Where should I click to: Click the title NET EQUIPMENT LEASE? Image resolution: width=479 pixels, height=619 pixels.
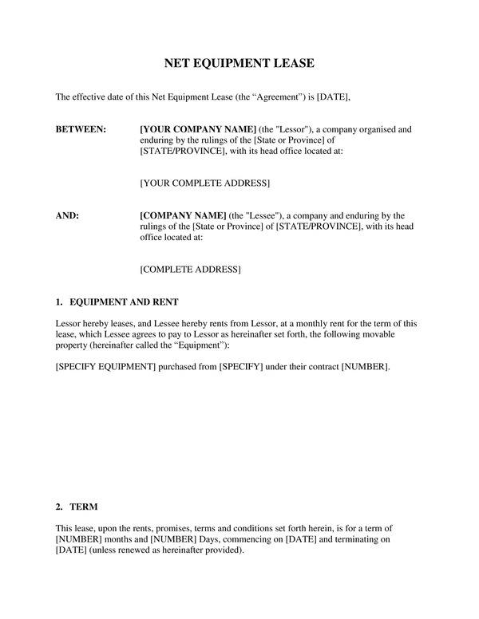point(239,62)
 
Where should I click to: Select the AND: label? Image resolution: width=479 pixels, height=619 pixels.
point(67,215)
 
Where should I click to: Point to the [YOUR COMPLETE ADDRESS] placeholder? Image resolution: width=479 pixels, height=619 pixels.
point(204,184)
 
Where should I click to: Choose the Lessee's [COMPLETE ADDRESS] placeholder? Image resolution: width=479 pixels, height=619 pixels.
point(190,270)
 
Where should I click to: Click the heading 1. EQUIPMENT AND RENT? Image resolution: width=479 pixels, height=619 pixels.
point(117,303)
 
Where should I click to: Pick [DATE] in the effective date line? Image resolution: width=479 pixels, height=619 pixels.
point(334,97)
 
